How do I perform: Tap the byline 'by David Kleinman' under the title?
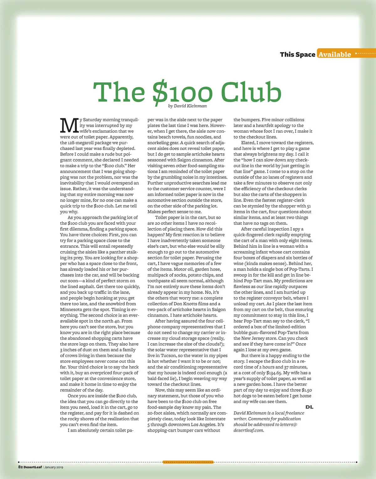[187, 106]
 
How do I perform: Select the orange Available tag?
[335, 54]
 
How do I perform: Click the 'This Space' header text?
[297, 54]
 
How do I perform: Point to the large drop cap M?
[69, 125]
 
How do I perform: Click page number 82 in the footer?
[20, 467]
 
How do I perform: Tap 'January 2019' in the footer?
[54, 467]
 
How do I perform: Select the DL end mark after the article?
[309, 407]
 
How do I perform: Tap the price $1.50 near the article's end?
[307, 390]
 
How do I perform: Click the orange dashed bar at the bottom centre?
[188, 462]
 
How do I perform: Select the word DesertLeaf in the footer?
[33, 467]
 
